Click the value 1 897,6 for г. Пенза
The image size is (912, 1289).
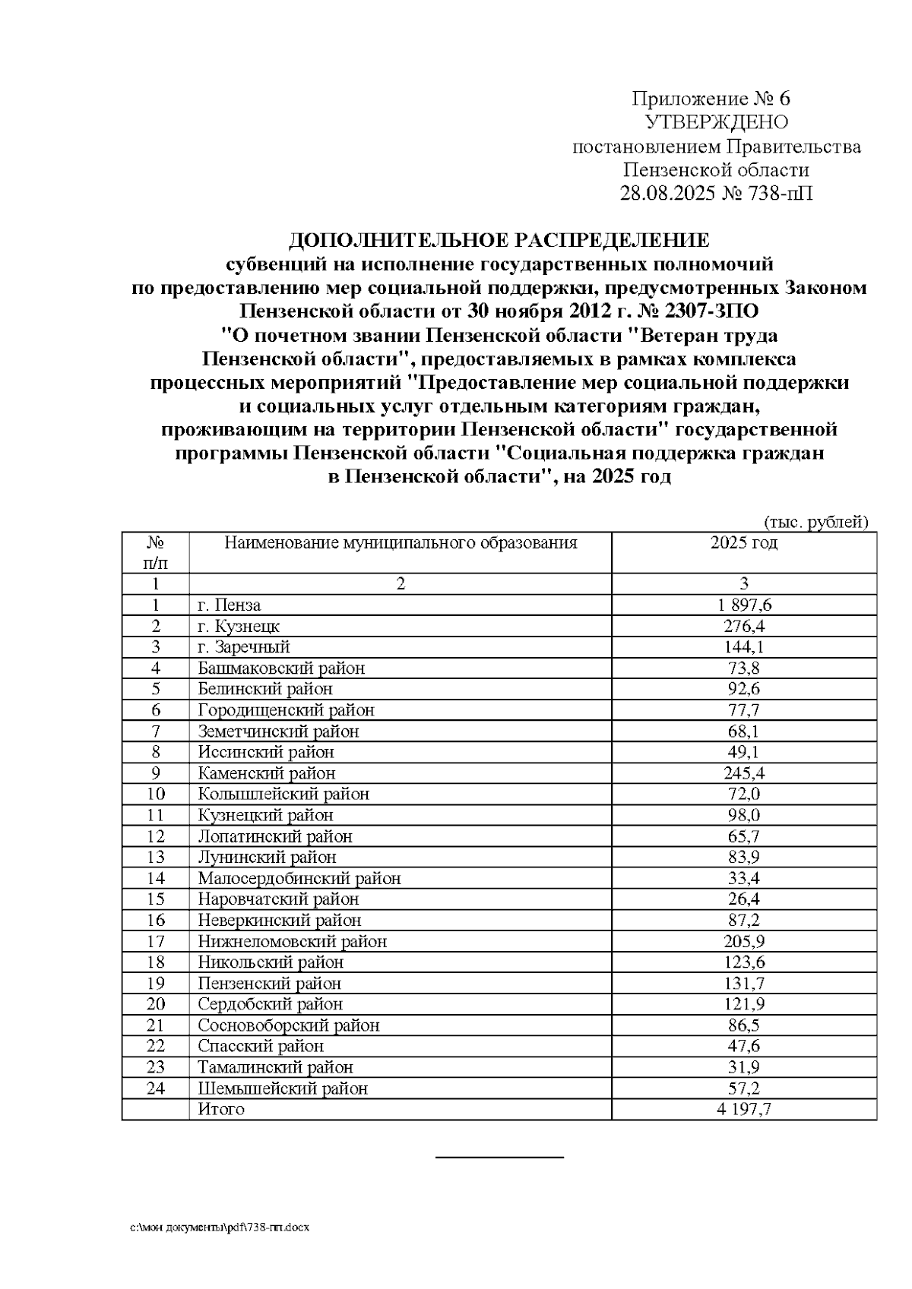tap(743, 605)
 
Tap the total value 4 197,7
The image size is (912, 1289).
tap(743, 1109)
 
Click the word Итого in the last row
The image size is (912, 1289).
tap(221, 1109)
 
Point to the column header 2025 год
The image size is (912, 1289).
tap(743, 543)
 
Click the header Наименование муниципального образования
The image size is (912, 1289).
tap(400, 543)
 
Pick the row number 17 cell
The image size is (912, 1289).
tap(155, 941)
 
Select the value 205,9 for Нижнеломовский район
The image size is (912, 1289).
tap(743, 941)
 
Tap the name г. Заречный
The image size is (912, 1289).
tap(244, 647)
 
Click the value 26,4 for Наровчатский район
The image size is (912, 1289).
tap(743, 899)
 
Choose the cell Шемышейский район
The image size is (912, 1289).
tap(283, 1088)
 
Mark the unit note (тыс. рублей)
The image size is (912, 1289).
tap(815, 522)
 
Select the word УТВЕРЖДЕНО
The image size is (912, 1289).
tap(716, 122)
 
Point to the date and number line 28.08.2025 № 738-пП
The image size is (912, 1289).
tap(716, 193)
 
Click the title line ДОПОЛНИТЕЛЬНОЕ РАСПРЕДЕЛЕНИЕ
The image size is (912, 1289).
tap(499, 242)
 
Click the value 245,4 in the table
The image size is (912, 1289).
tap(743, 773)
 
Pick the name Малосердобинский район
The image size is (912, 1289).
tap(299, 879)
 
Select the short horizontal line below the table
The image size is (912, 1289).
tap(499, 1157)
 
